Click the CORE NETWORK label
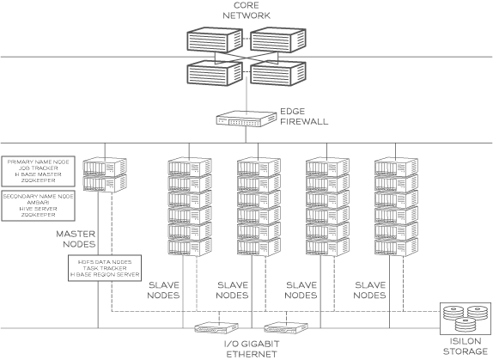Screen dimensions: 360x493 click(247, 11)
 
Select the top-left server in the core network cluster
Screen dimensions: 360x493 click(213, 40)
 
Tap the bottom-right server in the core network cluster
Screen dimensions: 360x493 click(278, 76)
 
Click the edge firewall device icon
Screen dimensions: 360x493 click(241, 120)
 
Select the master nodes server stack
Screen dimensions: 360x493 click(105, 174)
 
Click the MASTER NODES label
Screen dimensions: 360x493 click(76, 239)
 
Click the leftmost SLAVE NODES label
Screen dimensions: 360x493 click(164, 290)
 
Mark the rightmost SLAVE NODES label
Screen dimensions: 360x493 click(370, 290)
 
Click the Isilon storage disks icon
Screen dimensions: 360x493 click(463, 320)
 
